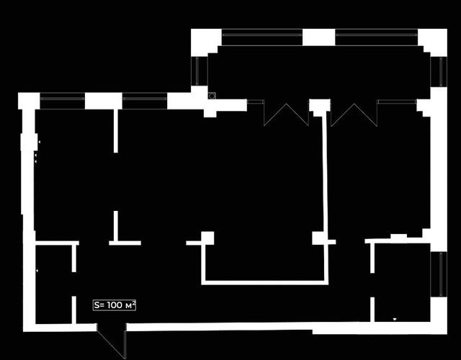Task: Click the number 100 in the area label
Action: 115,305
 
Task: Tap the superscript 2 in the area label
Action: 133,302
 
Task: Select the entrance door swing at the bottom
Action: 112,341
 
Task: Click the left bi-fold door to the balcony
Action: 286,113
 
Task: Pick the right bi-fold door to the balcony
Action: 354,113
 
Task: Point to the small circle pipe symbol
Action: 212,96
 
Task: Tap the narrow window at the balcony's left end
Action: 200,71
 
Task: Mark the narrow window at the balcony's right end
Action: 439,72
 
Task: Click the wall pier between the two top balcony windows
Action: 318,37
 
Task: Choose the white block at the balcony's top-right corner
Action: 432,41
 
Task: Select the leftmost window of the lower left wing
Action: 63,101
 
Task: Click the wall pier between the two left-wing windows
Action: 104,101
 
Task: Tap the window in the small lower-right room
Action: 439,274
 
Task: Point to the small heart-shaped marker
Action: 395,319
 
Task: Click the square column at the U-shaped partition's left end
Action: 207,238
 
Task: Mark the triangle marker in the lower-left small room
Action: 37,271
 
